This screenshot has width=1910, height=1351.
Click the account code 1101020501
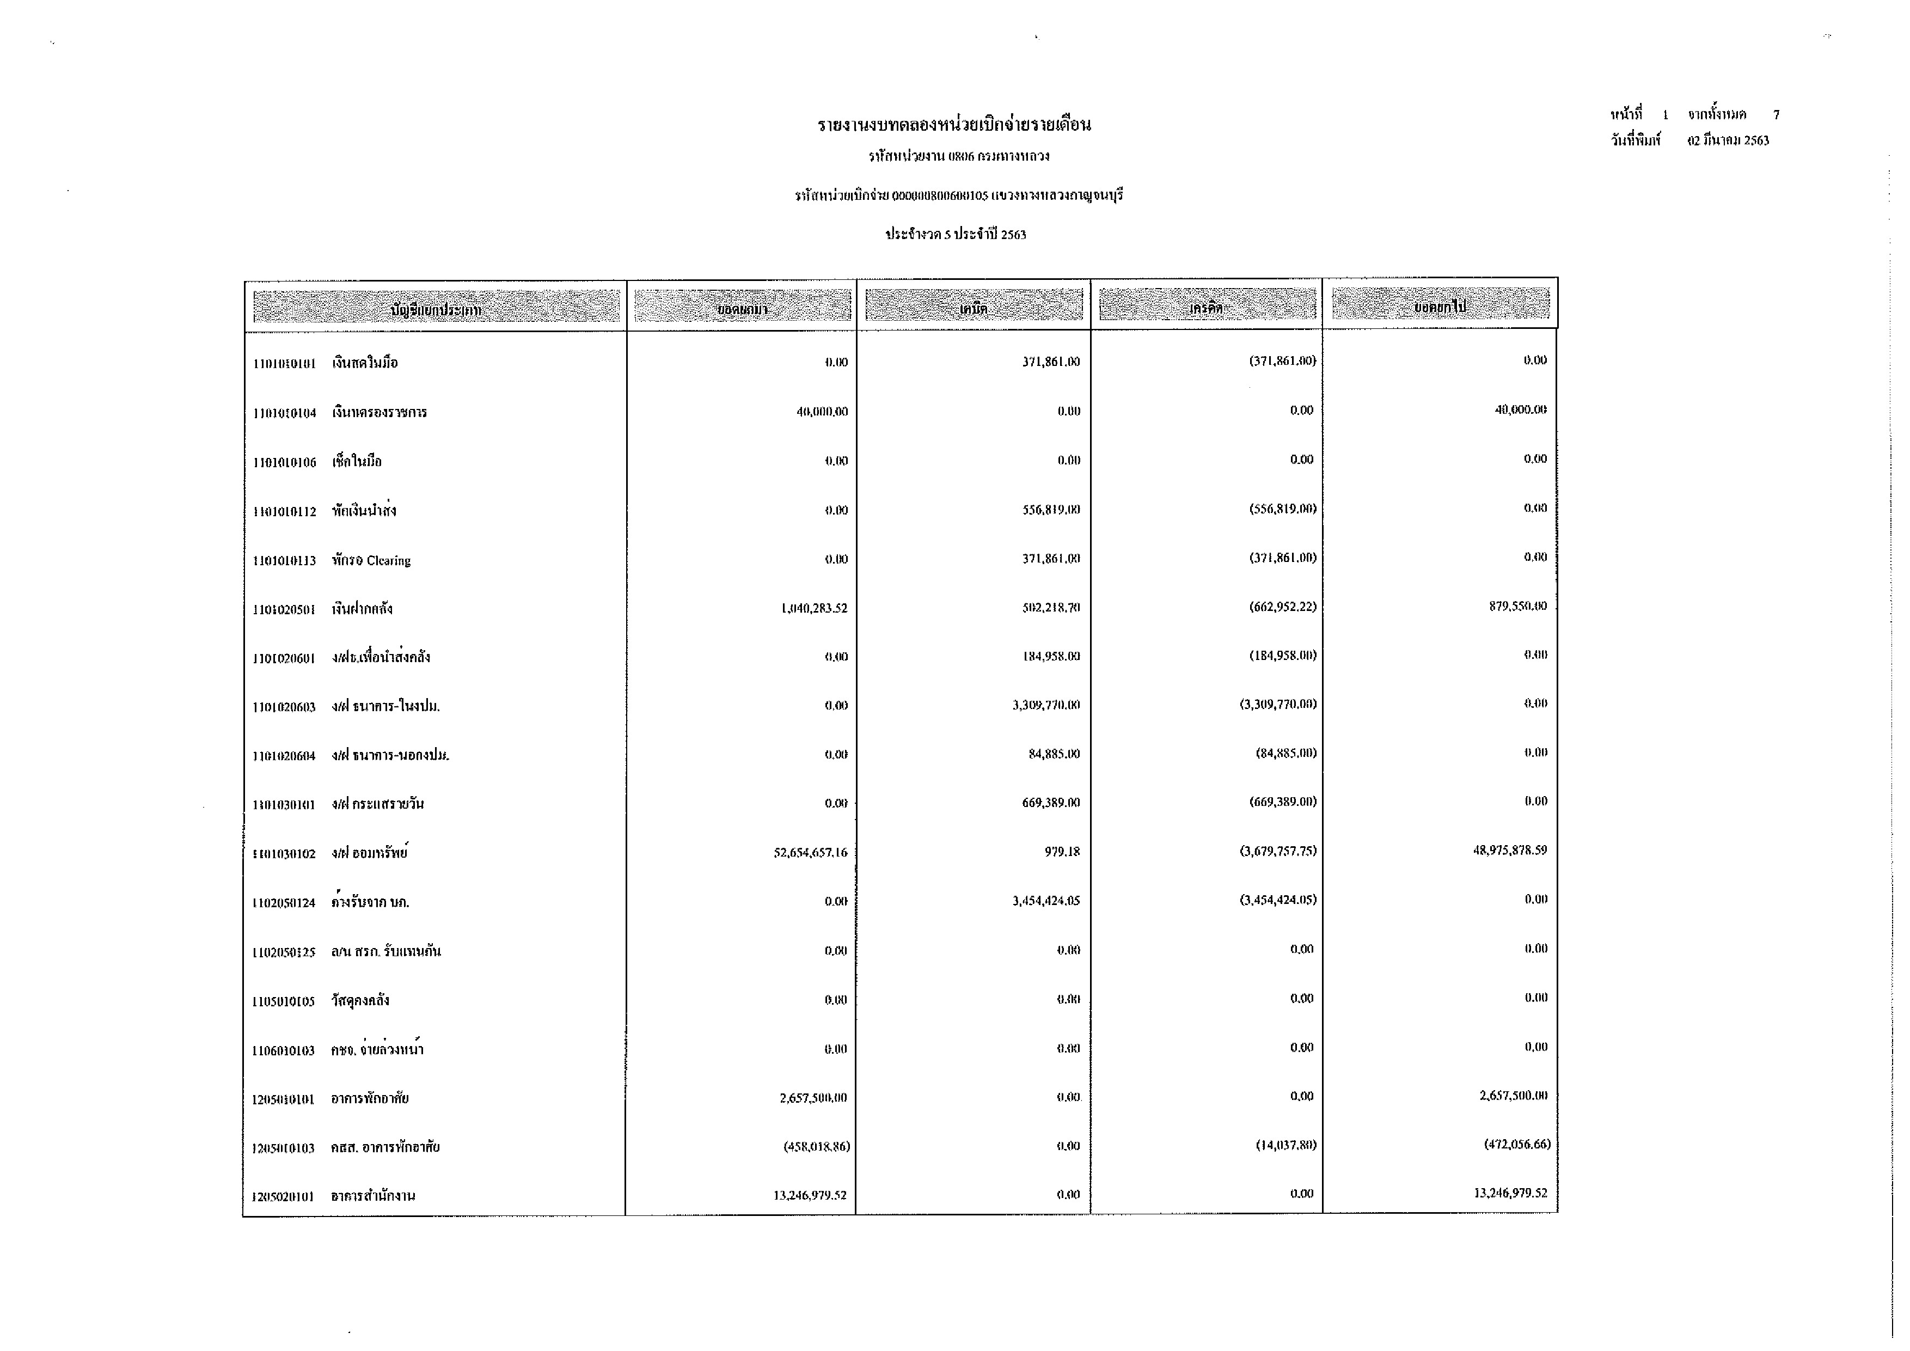pyautogui.click(x=284, y=610)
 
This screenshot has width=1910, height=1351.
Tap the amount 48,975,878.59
pyautogui.click(x=1510, y=850)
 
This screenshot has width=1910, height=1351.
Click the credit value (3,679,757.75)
pyautogui.click(x=1278, y=851)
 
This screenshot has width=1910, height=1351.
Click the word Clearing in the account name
pyautogui.click(x=389, y=561)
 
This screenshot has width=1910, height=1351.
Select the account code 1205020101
pyautogui.click(x=283, y=1197)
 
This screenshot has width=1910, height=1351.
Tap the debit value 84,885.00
pyautogui.click(x=1054, y=755)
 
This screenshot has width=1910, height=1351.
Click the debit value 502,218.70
pyautogui.click(x=1051, y=607)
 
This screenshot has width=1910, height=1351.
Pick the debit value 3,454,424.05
pyautogui.click(x=1046, y=901)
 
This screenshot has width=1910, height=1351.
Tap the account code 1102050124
pyautogui.click(x=284, y=903)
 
